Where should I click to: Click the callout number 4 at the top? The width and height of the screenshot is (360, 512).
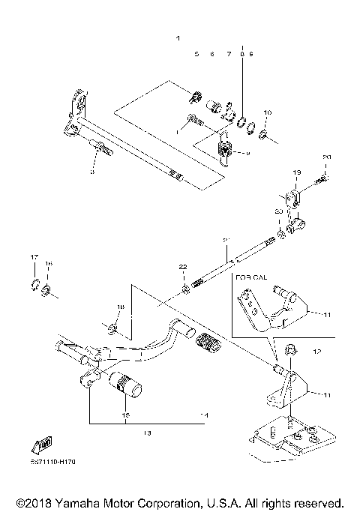(x=178, y=37)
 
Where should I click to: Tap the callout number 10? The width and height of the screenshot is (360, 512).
(x=268, y=113)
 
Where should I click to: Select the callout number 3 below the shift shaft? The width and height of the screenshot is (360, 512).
(x=92, y=172)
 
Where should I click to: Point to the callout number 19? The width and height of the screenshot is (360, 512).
(x=296, y=172)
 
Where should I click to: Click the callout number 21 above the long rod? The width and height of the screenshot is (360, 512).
(x=225, y=240)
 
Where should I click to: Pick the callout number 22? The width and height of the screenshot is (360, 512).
(x=181, y=268)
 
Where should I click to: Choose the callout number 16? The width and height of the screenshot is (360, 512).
(x=48, y=264)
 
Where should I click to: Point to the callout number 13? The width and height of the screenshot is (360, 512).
(x=147, y=433)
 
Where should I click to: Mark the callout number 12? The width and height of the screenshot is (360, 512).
(x=316, y=351)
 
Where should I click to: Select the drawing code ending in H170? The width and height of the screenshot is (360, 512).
(x=53, y=463)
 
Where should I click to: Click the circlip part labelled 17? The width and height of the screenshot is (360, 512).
(x=34, y=283)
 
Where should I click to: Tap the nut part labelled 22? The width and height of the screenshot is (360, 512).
(x=184, y=287)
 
